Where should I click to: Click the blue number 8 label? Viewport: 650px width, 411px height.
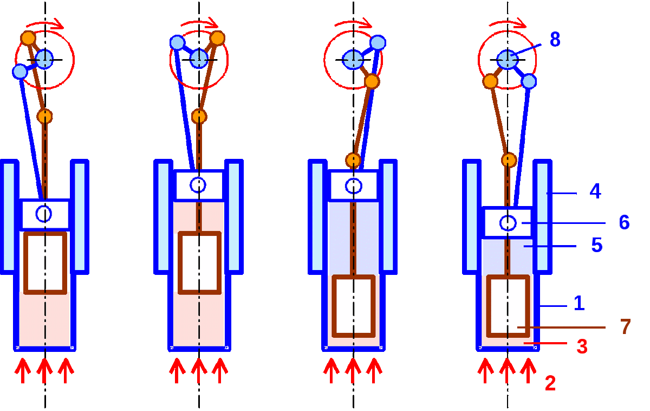click(555, 40)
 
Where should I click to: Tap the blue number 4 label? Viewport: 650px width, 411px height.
click(595, 191)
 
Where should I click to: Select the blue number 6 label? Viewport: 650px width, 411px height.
click(624, 222)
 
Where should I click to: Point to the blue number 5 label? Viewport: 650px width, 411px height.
click(596, 246)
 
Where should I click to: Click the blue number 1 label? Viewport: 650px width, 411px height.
click(579, 304)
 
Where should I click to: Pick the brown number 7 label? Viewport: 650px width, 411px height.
click(625, 327)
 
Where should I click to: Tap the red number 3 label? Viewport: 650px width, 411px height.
click(582, 346)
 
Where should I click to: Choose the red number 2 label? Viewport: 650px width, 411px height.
click(550, 383)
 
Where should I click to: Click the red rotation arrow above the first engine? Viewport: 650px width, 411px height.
click(45, 24)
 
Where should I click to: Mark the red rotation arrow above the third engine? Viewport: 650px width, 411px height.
click(354, 23)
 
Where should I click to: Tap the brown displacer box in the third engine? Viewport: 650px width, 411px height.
click(353, 306)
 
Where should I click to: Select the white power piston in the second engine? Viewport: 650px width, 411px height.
click(199, 185)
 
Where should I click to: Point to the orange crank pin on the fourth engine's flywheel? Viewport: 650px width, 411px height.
click(490, 81)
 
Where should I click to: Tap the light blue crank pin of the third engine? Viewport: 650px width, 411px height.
click(378, 42)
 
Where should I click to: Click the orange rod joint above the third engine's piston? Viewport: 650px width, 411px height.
click(353, 159)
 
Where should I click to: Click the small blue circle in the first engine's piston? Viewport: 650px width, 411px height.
click(44, 214)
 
